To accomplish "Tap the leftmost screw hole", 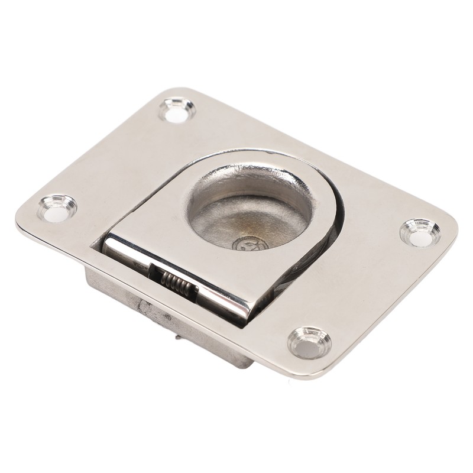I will tap(56, 208).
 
